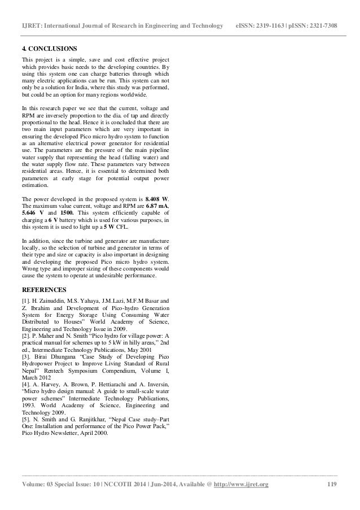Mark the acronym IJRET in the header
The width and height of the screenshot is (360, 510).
32,11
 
